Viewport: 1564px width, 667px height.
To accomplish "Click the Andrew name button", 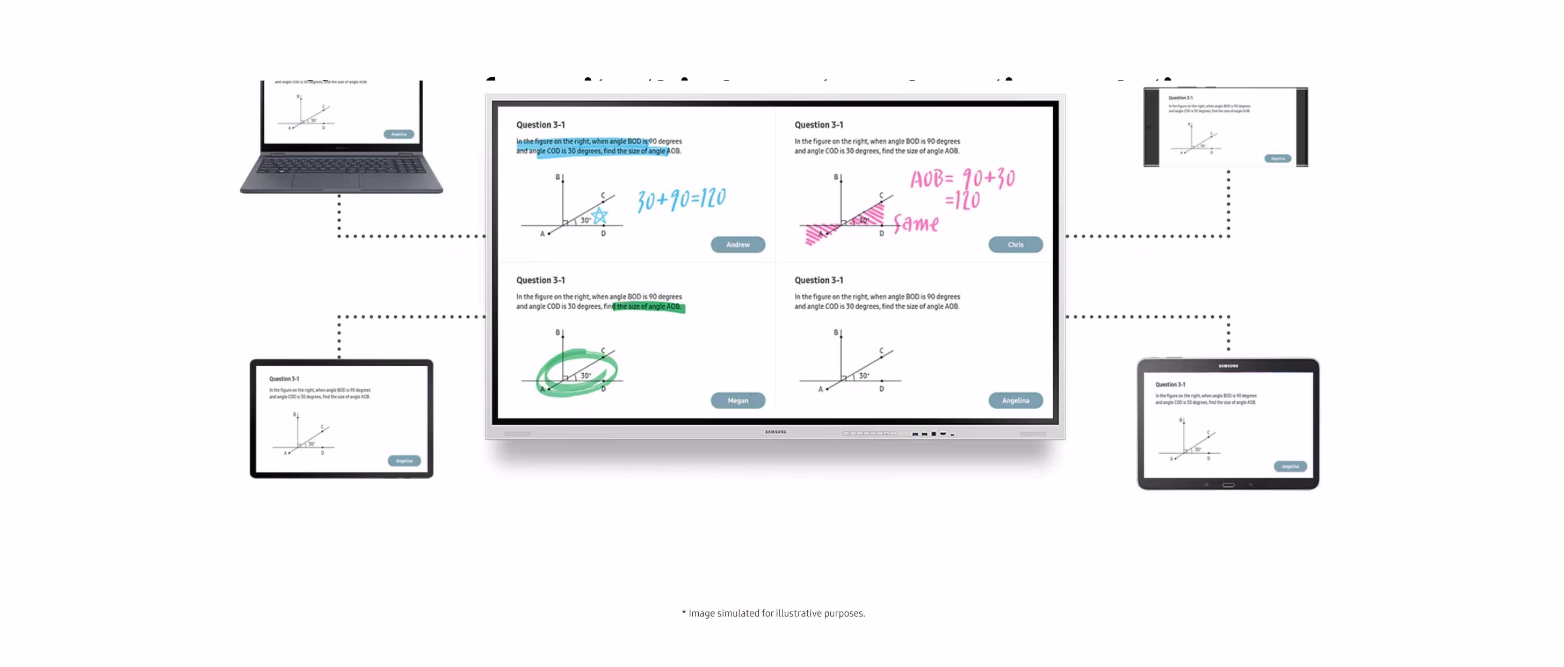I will pos(737,244).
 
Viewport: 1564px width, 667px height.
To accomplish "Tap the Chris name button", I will pos(1015,244).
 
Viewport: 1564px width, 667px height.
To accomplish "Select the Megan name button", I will pos(737,401).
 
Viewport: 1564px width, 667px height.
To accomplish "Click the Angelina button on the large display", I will pos(1015,401).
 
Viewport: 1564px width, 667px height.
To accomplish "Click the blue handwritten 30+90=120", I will pos(681,199).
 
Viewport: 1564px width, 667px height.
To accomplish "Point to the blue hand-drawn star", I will pos(599,215).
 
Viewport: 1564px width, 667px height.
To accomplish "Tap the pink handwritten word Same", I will pos(916,224).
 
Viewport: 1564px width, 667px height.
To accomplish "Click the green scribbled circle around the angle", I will pos(577,372).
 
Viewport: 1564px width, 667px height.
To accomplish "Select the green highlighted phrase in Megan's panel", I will pos(648,307).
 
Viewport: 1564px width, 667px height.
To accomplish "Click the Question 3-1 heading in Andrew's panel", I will pos(540,125).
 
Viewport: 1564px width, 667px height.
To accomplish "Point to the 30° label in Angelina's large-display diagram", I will pos(863,376).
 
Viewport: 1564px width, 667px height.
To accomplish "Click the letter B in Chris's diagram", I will pos(835,177).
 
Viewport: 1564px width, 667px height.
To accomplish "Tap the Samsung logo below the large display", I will pos(776,432).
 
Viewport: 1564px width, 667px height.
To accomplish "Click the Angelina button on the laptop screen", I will pos(399,134).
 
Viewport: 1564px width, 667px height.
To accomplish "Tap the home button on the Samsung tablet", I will pos(1228,485).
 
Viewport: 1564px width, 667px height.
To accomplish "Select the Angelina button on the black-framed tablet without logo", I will pos(404,461).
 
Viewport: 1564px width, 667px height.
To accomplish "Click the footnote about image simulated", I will pos(773,613).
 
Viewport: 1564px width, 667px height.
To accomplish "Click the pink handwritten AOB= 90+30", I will pos(962,178).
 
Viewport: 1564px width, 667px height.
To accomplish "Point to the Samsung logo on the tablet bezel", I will pos(1228,366).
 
